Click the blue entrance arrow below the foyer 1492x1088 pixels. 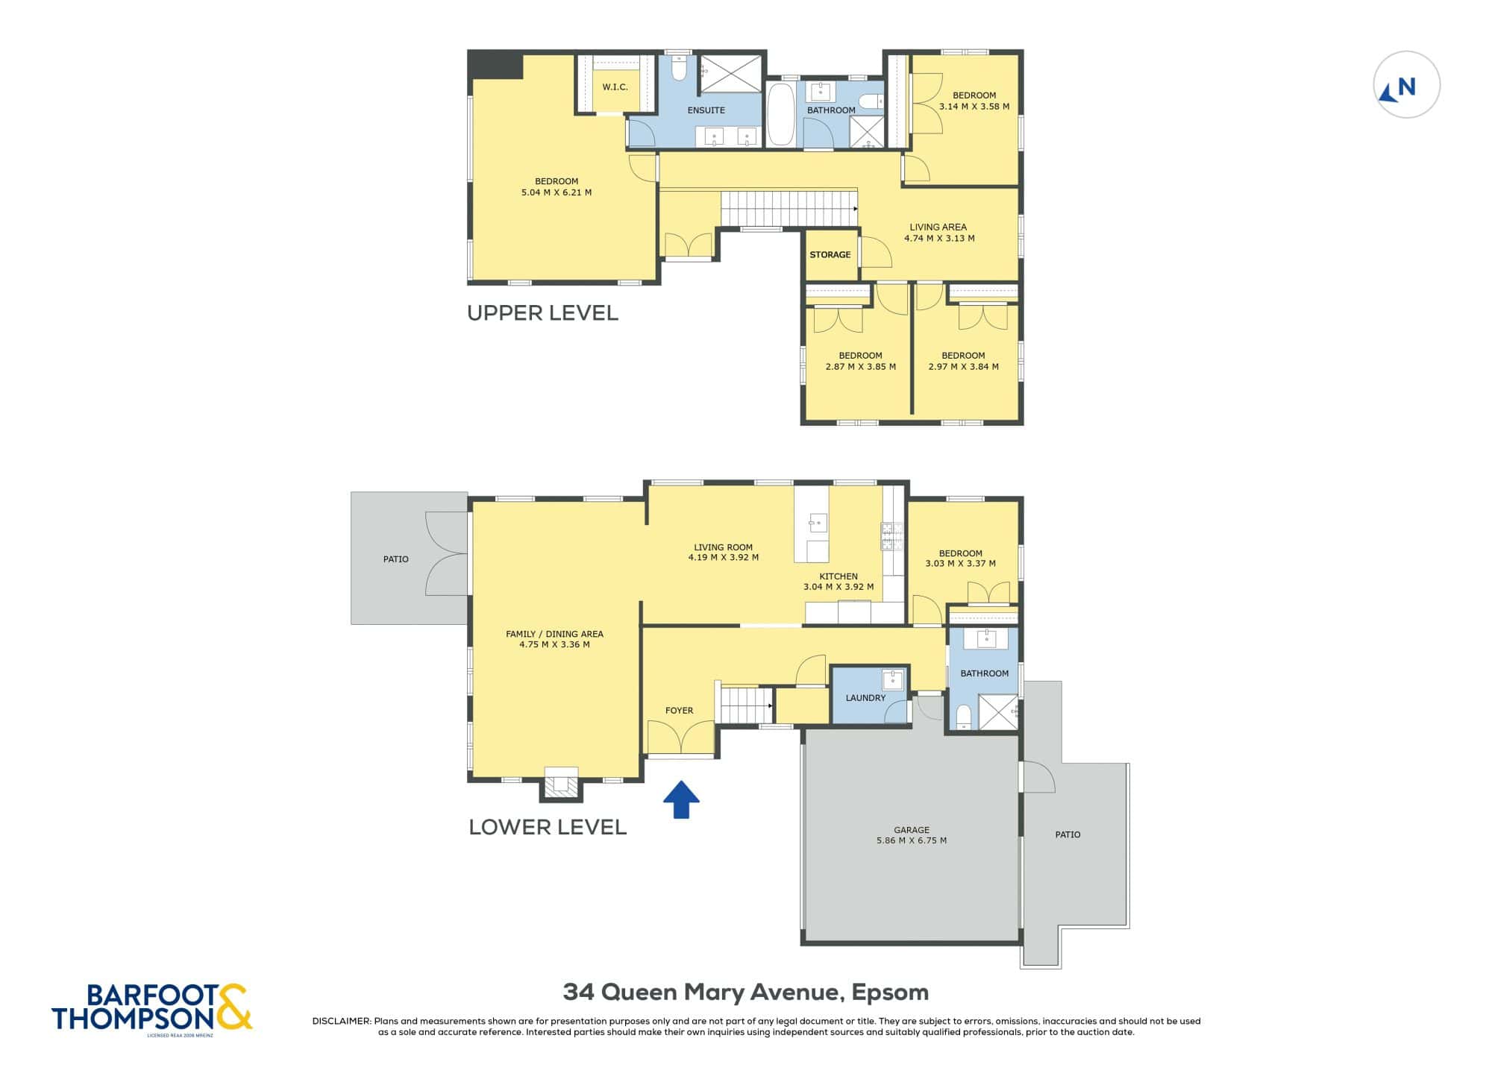[681, 799]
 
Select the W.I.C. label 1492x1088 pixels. [615, 87]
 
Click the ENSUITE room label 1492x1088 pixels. [706, 110]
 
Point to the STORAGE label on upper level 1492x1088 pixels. [830, 254]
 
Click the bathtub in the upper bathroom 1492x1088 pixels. [781, 114]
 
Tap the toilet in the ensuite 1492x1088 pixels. [678, 68]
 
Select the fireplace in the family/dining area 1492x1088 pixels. [561, 783]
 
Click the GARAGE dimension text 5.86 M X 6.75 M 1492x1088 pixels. [912, 840]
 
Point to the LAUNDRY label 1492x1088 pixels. [865, 698]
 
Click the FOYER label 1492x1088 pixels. [679, 711]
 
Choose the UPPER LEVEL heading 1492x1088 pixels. [542, 313]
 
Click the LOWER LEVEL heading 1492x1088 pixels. [548, 827]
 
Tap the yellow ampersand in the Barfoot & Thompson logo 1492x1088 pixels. [234, 1007]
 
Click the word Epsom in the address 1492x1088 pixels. [890, 993]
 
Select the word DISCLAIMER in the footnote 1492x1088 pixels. [342, 1021]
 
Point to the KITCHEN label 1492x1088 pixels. [839, 576]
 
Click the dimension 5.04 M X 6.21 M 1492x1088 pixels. [557, 192]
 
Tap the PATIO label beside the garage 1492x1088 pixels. [1068, 834]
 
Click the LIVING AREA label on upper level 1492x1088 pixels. [938, 227]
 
